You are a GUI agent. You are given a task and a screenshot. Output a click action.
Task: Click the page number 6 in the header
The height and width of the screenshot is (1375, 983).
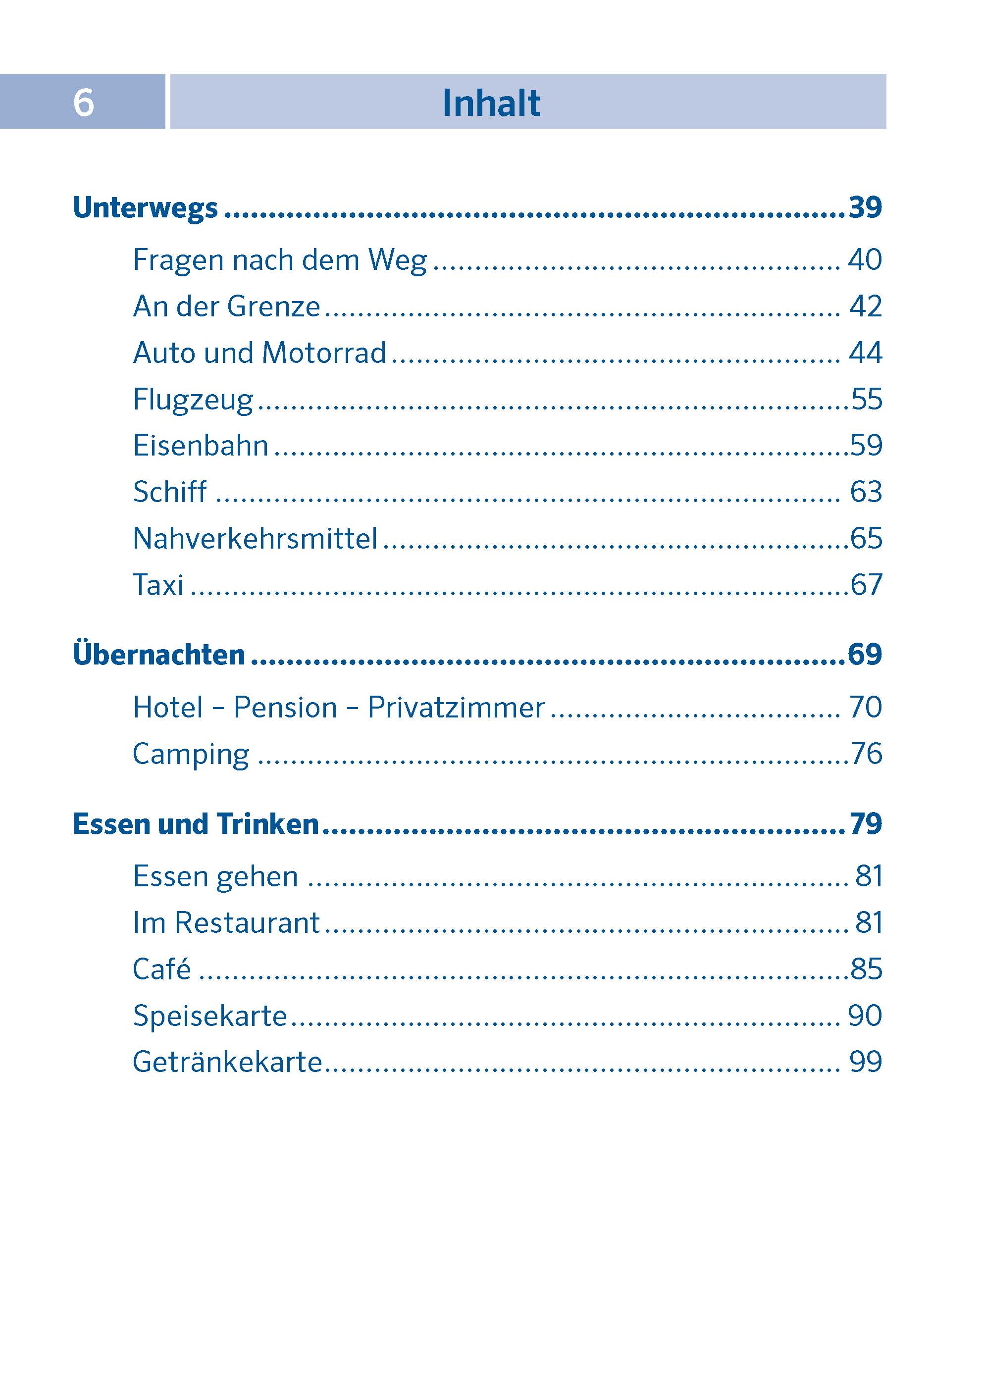point(84,102)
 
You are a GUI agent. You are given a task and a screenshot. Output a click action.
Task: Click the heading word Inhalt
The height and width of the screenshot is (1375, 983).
point(491,103)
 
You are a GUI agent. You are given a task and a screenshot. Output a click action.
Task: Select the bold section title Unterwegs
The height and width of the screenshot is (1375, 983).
point(145,207)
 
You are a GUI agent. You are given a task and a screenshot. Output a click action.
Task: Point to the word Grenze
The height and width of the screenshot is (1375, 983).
point(273,306)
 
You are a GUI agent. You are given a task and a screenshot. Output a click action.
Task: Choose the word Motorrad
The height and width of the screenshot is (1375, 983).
point(324,353)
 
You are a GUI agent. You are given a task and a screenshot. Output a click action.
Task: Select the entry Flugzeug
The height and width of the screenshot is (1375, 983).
point(193,400)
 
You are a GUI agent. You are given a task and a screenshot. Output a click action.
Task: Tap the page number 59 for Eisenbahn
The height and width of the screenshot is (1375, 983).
point(866,446)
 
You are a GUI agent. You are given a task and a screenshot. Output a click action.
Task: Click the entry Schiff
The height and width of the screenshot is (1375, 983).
point(170,491)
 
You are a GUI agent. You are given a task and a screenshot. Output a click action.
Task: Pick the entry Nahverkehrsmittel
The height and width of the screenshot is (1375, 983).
point(255,538)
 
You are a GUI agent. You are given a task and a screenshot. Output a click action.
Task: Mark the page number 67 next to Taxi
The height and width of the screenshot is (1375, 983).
point(866,585)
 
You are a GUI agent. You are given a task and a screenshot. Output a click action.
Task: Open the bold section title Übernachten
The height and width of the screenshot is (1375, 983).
point(159,655)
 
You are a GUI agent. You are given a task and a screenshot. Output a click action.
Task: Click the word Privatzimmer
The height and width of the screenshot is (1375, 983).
point(456,708)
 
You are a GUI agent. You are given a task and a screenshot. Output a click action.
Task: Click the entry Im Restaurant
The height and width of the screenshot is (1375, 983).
point(226,923)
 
